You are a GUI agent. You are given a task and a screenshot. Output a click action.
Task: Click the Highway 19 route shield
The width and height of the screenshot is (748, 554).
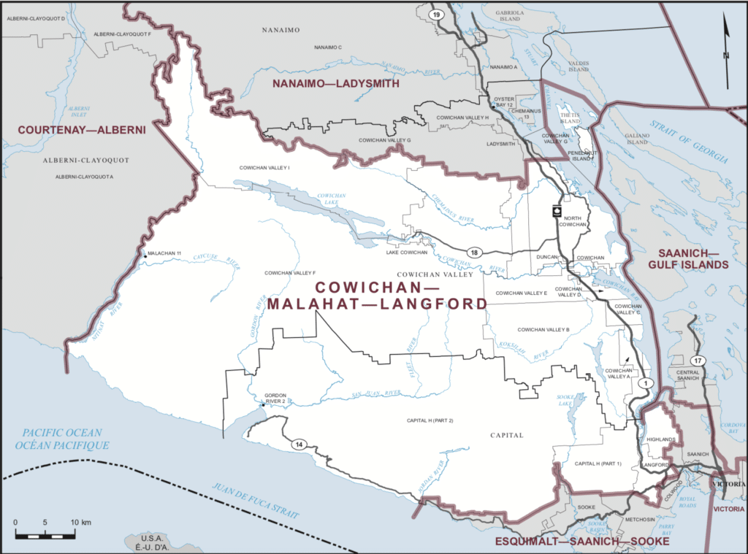436,14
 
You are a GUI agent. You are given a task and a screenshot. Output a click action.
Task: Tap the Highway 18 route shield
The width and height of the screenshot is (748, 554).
474,252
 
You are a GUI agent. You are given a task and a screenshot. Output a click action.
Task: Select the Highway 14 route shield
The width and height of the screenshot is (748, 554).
299,445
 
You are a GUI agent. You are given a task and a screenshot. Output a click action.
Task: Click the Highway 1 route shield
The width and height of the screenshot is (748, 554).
644,382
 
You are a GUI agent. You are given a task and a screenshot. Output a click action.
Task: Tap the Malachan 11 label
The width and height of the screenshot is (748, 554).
164,253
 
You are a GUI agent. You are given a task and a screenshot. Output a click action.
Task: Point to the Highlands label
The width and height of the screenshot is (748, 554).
659,439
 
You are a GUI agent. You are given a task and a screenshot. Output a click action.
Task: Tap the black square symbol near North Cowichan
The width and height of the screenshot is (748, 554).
557,212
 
